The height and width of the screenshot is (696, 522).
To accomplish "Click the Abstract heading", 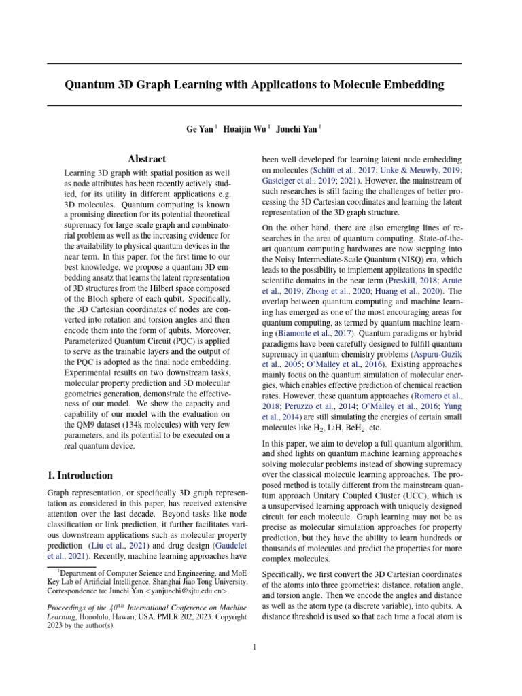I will (x=147, y=159).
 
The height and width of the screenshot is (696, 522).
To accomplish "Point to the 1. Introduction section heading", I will (x=80, y=475).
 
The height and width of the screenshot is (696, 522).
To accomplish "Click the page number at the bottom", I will (x=254, y=647).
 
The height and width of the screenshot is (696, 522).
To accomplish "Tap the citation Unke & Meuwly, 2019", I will (x=421, y=170).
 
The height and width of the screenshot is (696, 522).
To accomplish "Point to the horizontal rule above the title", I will (x=254, y=64).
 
